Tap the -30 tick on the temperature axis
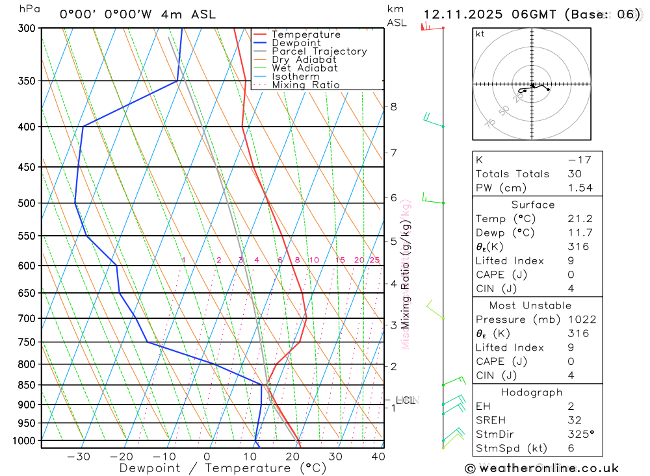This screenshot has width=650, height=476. tap(79, 457)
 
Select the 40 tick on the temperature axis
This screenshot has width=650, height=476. tap(378, 457)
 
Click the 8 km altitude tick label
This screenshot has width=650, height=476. tap(393, 106)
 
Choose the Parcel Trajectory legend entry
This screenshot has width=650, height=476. tap(319, 51)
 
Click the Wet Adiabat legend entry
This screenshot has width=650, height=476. tap(305, 68)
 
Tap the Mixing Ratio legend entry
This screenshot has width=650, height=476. tap(305, 85)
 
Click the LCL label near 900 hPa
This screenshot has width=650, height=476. tap(405, 400)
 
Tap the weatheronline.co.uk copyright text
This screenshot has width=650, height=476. tap(542, 468)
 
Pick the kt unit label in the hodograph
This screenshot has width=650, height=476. tap(480, 34)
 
